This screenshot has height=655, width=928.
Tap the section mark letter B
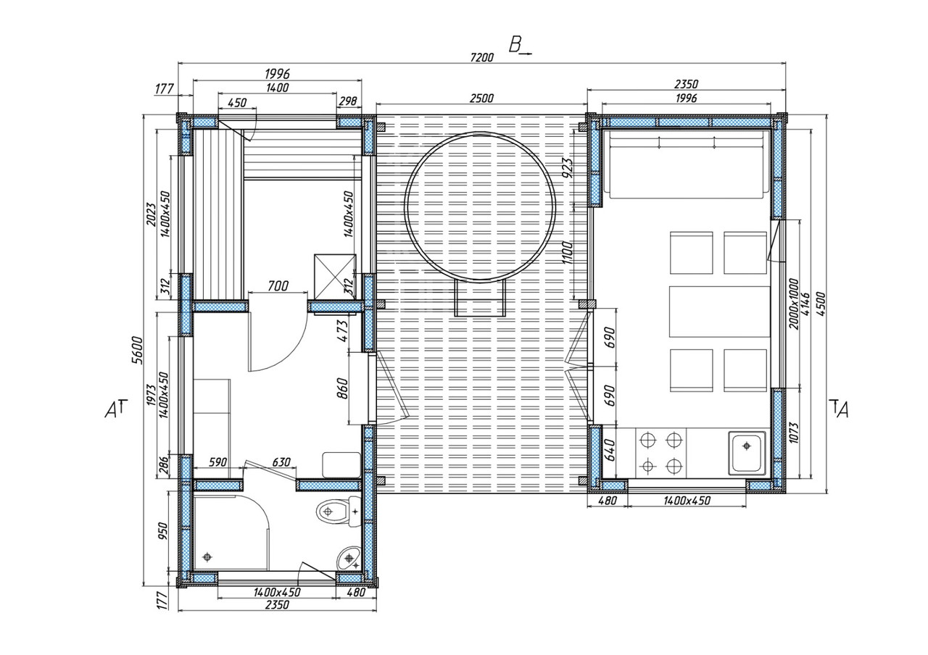pyautogui.click(x=515, y=45)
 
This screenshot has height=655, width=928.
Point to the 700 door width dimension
pyautogui.click(x=277, y=286)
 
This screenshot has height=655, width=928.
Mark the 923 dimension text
pyautogui.click(x=568, y=167)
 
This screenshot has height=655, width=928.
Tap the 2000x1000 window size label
pyautogui.click(x=793, y=303)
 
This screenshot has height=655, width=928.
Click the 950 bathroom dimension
pyautogui.click(x=164, y=533)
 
